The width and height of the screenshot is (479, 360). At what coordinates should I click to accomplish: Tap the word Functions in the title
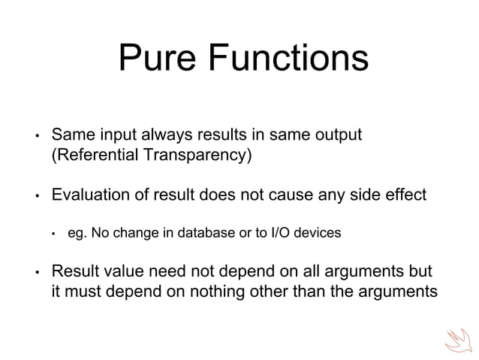(288, 59)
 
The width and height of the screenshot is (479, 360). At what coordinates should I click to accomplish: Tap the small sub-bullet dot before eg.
(54, 234)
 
